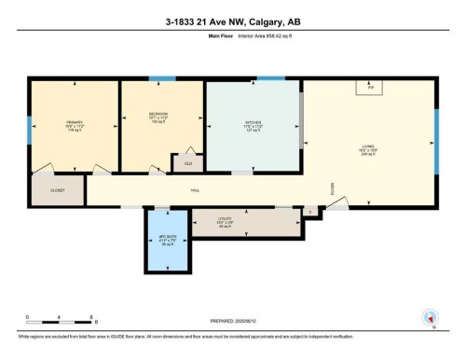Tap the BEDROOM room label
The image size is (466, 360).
click(158, 117)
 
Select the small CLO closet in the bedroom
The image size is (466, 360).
click(188, 162)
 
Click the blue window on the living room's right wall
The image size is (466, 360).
click(435, 132)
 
